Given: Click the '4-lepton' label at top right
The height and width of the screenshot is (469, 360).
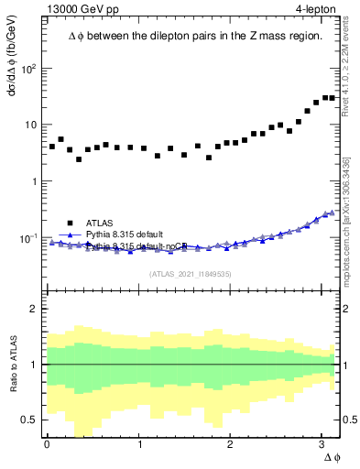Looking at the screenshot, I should (315, 9).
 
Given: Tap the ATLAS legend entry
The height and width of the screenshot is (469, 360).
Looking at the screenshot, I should (100, 223).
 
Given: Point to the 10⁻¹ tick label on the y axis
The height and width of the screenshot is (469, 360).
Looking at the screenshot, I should (28, 238).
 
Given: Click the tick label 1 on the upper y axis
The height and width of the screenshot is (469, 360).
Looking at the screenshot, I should (34, 181).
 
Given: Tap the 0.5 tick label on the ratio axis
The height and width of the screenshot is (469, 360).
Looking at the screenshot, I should (29, 420).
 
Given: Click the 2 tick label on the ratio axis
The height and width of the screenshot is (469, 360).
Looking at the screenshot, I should (34, 309).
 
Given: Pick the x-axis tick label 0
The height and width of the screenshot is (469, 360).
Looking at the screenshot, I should (47, 444).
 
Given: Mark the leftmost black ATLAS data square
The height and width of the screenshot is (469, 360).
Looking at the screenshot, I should (52, 147).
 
